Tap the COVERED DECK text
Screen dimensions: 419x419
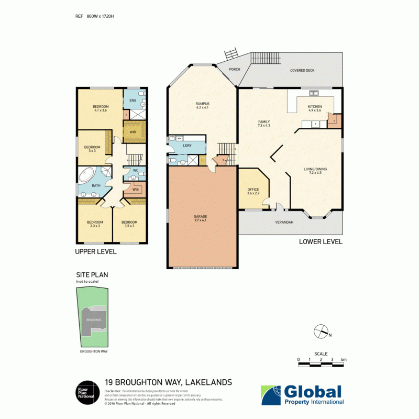pos(302,70)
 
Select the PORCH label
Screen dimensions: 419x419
pos(234,69)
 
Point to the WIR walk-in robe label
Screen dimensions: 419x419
pos(133,132)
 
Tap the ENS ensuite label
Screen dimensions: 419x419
pos(133,100)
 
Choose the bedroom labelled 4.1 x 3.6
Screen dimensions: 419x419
pos(101,108)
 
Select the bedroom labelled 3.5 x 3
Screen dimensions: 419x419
pos(129,224)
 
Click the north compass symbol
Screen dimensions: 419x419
pos(320,332)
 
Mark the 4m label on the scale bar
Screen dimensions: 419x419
pos(344,360)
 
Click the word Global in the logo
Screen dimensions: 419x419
pos(313,392)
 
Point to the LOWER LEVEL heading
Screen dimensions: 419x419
pos(321,241)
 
